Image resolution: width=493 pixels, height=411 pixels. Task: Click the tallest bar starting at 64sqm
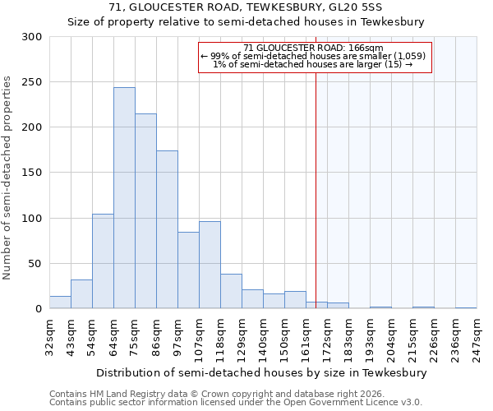(x=124, y=198)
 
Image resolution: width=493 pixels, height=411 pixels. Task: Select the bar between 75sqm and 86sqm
(x=145, y=211)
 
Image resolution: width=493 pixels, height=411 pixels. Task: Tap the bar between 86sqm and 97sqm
(x=167, y=229)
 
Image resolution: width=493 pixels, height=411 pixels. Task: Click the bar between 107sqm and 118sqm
(x=210, y=265)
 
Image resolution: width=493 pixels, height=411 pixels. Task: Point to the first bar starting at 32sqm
(x=60, y=302)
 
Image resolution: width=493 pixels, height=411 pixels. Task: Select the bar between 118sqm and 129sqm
(x=231, y=291)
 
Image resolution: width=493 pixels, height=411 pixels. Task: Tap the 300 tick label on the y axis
(x=32, y=37)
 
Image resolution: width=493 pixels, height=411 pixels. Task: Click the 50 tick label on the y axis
(x=35, y=264)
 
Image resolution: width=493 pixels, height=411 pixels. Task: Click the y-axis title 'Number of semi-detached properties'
(x=7, y=178)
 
